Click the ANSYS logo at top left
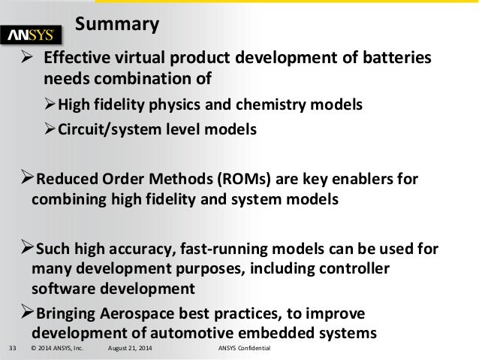(37, 35)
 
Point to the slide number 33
(12, 351)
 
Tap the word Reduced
(66, 180)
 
